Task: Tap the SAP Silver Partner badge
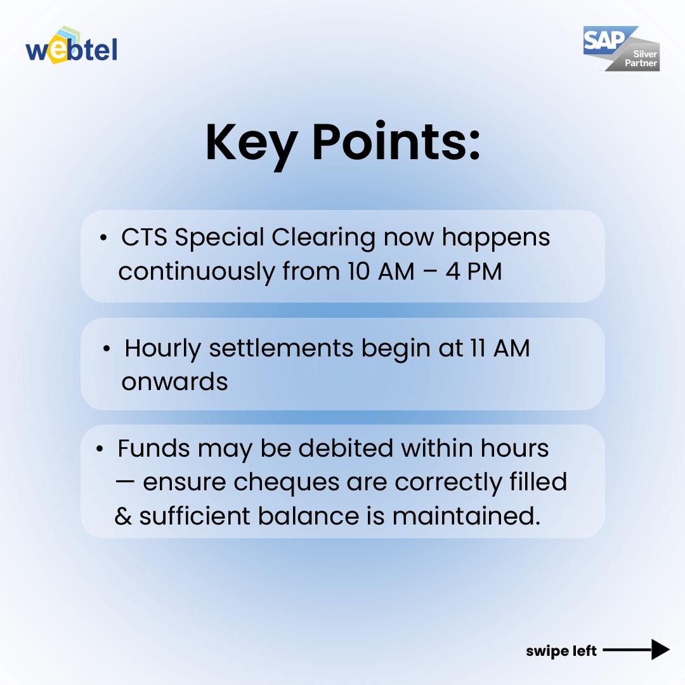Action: (x=621, y=49)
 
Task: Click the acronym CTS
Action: (x=145, y=238)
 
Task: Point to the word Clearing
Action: (x=323, y=238)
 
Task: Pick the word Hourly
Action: (x=162, y=348)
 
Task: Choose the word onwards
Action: (x=174, y=382)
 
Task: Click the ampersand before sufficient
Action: (x=123, y=516)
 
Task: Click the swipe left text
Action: (x=561, y=651)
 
